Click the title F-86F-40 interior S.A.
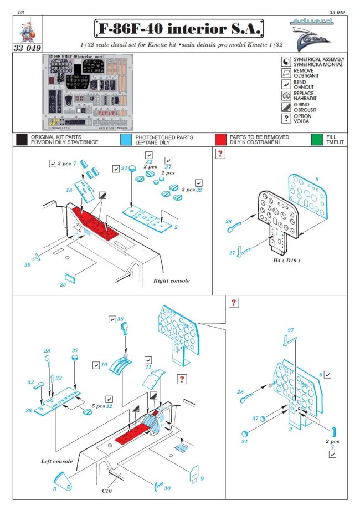click(178, 28)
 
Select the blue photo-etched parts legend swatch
click(126, 139)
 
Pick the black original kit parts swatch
click(22, 139)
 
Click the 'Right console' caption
click(172, 280)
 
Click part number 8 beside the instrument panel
click(316, 179)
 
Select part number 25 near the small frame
click(63, 284)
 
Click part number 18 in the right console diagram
click(69, 190)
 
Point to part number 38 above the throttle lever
click(120, 319)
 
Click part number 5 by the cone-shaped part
click(54, 488)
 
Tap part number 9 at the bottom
click(202, 478)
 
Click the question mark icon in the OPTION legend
click(286, 118)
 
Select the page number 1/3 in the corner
click(21, 11)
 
